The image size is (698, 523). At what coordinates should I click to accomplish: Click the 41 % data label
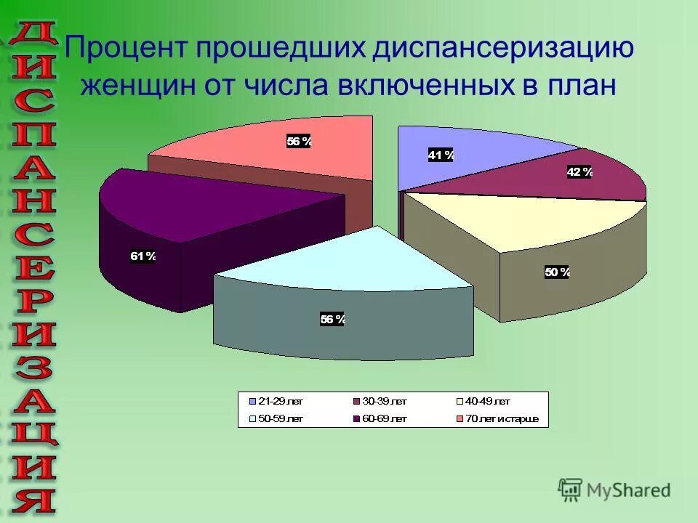[441, 155]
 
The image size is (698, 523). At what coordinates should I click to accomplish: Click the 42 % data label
[579, 171]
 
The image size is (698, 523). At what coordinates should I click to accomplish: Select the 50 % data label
[558, 272]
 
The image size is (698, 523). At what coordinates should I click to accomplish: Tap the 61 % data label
[143, 256]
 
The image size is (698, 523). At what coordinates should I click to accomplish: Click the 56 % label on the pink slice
[299, 142]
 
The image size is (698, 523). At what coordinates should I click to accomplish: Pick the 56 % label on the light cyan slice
[332, 319]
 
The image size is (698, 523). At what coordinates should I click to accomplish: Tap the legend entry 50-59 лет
[279, 418]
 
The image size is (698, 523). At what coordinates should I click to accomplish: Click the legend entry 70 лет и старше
[502, 418]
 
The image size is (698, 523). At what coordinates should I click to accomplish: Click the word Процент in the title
[128, 50]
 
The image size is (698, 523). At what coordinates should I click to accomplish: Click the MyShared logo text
[628, 490]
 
